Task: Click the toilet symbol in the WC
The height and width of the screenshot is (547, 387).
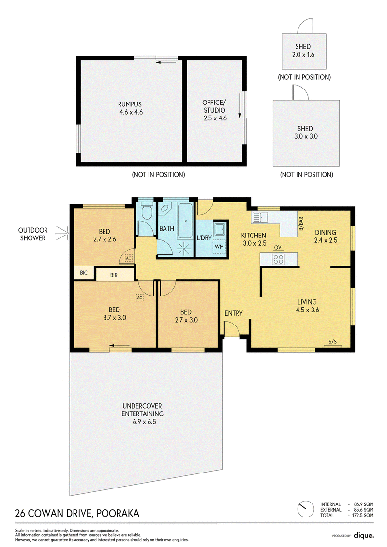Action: (x=147, y=210)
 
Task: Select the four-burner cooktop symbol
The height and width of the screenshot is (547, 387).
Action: (x=278, y=259)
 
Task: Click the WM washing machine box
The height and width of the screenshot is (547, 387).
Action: (x=219, y=247)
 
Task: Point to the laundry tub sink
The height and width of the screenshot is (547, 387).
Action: (x=220, y=230)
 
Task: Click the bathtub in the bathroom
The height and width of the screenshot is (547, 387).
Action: (x=185, y=221)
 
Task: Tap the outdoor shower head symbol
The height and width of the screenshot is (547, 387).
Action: (x=63, y=233)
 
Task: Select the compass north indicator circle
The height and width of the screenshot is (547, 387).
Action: (x=306, y=509)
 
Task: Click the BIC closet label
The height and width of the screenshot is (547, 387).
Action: (x=84, y=273)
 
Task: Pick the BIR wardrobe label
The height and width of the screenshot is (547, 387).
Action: (x=114, y=275)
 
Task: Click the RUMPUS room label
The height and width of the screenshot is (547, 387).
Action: (x=130, y=104)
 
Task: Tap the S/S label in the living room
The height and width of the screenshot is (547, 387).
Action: (x=332, y=342)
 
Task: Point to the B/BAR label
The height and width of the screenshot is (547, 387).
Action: (x=301, y=223)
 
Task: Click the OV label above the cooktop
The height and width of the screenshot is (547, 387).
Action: (x=278, y=247)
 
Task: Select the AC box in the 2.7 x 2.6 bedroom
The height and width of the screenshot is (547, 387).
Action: (x=129, y=258)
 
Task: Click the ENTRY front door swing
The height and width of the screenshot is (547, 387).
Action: (x=231, y=328)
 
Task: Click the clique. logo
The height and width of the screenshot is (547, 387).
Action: (x=364, y=535)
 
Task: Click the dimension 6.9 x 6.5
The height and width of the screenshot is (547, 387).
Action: (x=144, y=421)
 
